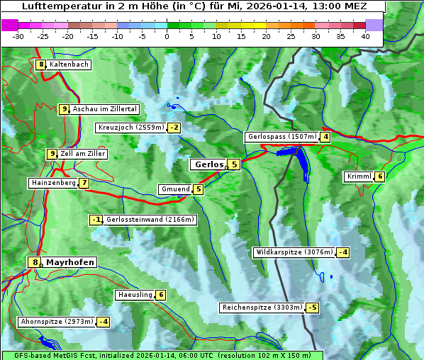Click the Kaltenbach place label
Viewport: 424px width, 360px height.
69,64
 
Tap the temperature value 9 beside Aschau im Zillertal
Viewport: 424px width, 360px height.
64,109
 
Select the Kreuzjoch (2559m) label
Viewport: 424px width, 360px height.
130,128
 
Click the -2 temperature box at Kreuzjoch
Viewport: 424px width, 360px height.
174,128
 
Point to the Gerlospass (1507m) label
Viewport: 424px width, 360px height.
281,137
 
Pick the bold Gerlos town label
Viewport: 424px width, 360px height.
208,164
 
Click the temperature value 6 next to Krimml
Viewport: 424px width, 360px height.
380,176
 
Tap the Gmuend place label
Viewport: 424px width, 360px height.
175,189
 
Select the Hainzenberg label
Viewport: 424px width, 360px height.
52,183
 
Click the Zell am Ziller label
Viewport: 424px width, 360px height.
83,154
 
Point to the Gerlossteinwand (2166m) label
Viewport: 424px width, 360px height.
150,220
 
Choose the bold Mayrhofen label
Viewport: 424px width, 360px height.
69,262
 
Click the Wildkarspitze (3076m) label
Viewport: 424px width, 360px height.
294,252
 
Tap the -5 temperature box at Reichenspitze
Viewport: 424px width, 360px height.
312,308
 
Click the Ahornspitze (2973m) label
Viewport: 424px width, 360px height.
57,322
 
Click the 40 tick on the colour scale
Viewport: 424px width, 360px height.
365,36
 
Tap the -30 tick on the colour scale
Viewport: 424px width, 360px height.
18,36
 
